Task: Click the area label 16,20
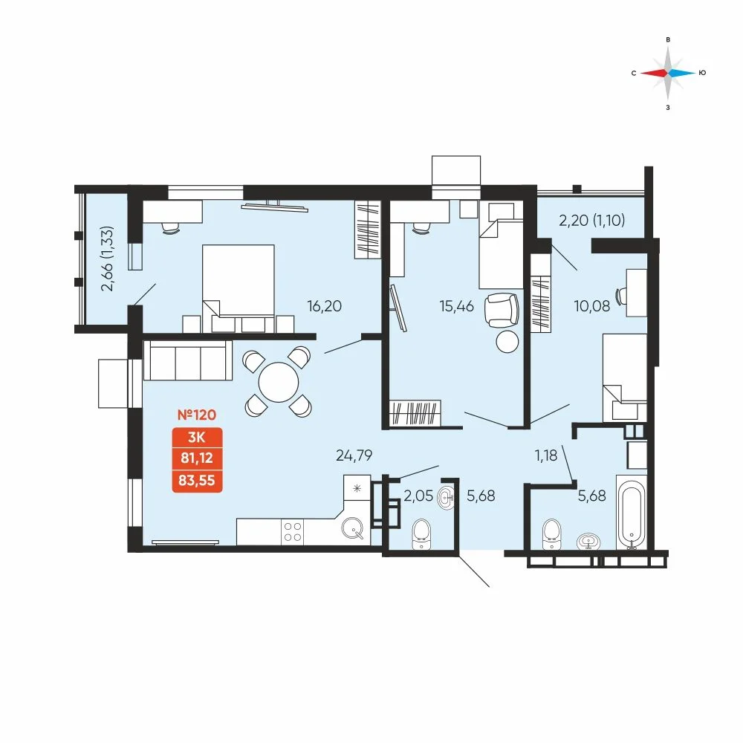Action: (324, 306)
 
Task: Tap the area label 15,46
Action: (456, 306)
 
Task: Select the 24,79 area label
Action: (354, 455)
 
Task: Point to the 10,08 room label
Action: (592, 306)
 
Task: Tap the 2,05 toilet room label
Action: (418, 496)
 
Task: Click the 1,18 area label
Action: (546, 455)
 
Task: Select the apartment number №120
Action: (197, 415)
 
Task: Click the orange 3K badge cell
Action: (197, 437)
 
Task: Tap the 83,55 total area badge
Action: (197, 481)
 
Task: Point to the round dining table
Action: (279, 382)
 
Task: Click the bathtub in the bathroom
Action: (631, 512)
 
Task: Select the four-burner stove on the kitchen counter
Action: (292, 532)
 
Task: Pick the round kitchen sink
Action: (352, 528)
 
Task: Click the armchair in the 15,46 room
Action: (502, 310)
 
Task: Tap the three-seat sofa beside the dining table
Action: (188, 360)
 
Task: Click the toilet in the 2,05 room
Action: (421, 534)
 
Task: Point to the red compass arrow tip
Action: (640, 73)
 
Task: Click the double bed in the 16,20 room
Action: (239, 288)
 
